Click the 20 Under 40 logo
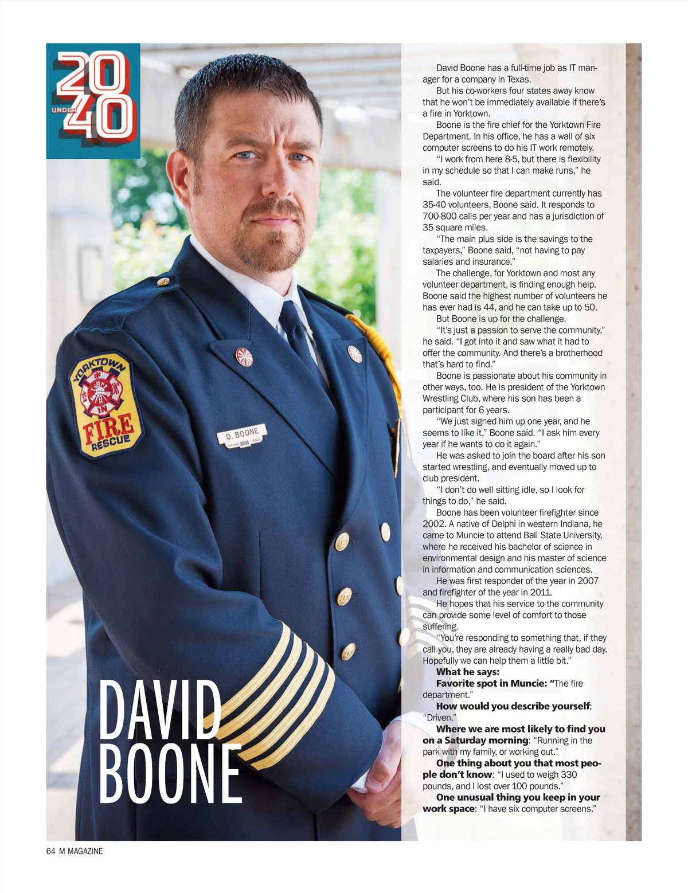93,100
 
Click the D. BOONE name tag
242,436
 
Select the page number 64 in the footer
50,851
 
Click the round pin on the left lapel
244,357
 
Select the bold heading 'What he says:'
468,672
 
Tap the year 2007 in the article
588,581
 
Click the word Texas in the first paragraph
519,79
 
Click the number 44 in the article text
488,307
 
